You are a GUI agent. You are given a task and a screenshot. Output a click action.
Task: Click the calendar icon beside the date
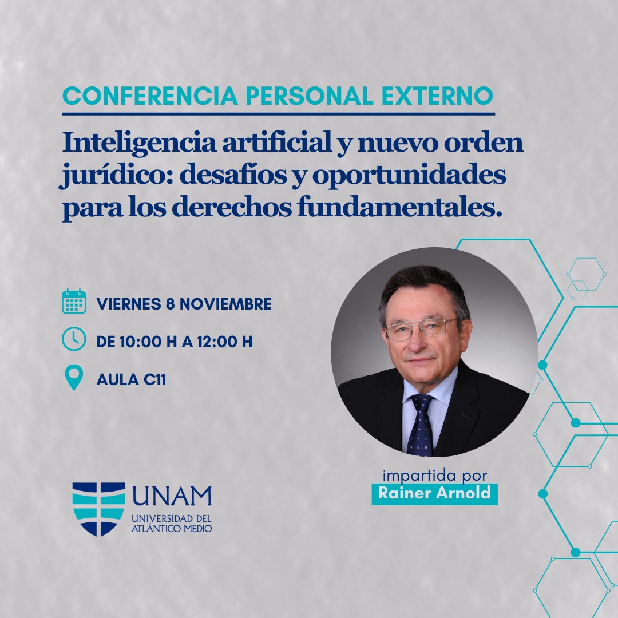74,302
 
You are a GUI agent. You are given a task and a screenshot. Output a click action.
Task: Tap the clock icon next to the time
74,339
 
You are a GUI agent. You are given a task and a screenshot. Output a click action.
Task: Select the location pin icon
74,377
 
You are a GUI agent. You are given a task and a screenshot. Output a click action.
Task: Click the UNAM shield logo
98,509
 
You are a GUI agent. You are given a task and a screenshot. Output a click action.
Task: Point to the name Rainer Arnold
434,493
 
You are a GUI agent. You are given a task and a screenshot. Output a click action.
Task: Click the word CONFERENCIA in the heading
150,96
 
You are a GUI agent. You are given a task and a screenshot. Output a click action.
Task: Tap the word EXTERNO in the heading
438,96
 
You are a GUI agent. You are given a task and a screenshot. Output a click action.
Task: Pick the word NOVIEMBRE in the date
225,304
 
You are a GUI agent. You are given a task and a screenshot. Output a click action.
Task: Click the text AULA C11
131,379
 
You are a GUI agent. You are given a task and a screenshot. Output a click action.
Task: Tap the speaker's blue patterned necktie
421,426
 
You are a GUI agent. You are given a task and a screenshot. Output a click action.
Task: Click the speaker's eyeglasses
421,328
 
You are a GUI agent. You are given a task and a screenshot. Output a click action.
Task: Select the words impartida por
435,476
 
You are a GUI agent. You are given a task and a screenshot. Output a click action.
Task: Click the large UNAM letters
172,496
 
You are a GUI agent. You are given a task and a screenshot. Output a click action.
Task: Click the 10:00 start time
138,342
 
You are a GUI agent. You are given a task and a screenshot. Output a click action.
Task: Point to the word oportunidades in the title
409,176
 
